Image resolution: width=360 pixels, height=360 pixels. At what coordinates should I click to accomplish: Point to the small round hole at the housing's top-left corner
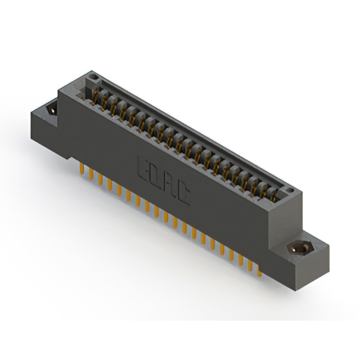click(94, 76)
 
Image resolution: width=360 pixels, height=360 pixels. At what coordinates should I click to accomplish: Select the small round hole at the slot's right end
click(290, 190)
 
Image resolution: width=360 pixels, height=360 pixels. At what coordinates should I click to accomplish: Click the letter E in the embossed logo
click(142, 169)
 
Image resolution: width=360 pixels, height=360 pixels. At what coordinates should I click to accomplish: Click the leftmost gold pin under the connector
click(82, 169)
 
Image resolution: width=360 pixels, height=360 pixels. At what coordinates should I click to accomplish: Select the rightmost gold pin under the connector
click(259, 271)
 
